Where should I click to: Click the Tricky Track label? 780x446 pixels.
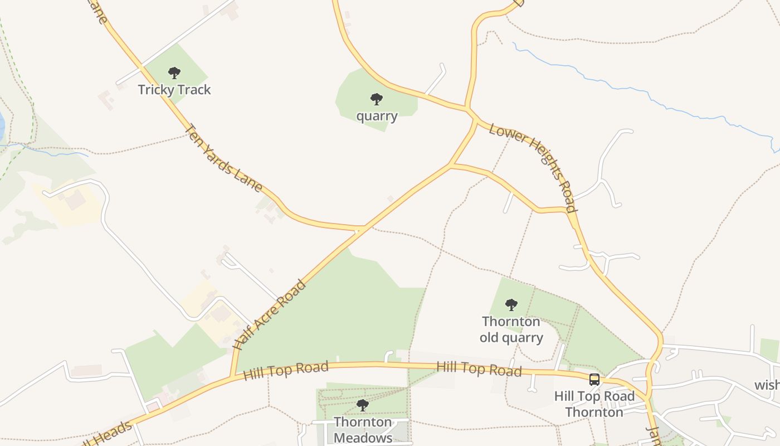174,90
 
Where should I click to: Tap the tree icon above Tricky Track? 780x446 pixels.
174,72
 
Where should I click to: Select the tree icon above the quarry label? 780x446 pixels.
377,99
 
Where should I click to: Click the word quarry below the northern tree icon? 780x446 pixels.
377,117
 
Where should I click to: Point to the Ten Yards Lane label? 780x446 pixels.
223,158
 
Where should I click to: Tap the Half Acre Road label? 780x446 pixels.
270,315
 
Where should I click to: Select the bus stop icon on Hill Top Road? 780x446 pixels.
594,380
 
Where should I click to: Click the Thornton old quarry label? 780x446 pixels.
511,329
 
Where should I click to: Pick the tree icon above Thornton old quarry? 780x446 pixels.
511,305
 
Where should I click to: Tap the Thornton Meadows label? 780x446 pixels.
363,430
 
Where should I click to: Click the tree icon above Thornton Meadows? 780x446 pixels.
363,405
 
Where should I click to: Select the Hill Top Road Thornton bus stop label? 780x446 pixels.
594,404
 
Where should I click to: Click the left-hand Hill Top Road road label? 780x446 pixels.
286,370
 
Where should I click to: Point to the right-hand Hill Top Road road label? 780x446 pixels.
479,369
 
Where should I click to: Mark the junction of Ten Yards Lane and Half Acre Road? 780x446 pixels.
361,229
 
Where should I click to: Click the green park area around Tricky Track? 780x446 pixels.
189,61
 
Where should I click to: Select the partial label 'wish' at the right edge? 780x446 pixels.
767,385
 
